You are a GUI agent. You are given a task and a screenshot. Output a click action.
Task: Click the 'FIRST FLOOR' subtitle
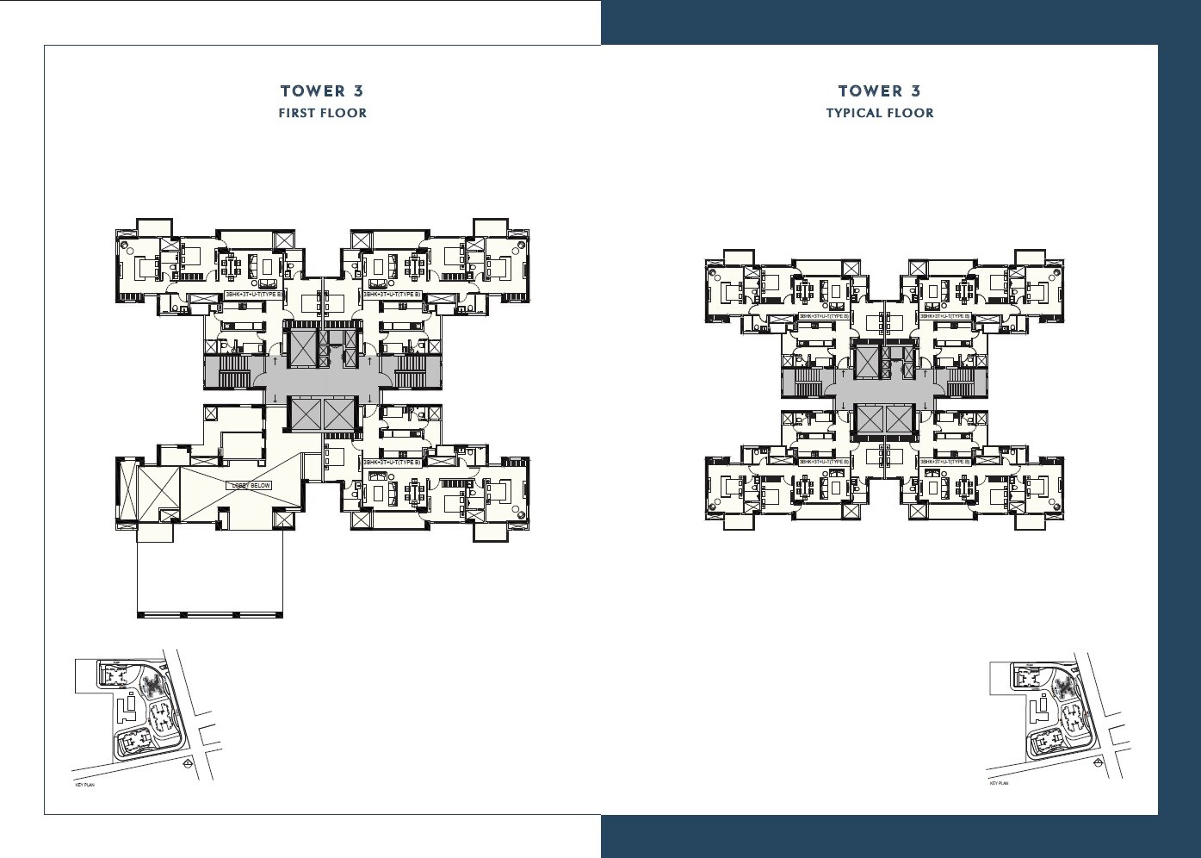point(322,113)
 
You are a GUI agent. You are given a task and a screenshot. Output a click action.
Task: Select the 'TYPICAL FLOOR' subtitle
point(879,113)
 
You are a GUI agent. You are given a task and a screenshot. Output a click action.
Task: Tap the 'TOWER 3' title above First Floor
point(322,90)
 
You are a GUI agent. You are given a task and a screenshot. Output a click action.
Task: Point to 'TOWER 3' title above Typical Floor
point(879,90)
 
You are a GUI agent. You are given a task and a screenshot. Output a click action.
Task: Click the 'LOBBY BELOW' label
point(250,486)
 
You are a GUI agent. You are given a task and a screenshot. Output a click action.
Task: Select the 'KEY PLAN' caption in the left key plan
point(85,785)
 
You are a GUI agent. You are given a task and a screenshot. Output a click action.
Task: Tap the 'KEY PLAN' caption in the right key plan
point(999,784)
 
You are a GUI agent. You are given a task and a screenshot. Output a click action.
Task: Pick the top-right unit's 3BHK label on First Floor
point(392,295)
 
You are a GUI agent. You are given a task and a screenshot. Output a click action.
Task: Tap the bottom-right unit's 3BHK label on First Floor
point(392,463)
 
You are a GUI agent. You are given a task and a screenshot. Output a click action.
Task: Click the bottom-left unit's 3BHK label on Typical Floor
point(824,462)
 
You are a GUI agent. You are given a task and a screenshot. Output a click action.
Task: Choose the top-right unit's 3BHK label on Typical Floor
point(944,316)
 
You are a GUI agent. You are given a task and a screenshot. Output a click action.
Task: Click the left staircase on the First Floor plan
point(233,373)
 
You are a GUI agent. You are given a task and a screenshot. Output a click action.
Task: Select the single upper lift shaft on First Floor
point(304,347)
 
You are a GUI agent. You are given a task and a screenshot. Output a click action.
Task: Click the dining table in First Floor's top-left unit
point(230,265)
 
